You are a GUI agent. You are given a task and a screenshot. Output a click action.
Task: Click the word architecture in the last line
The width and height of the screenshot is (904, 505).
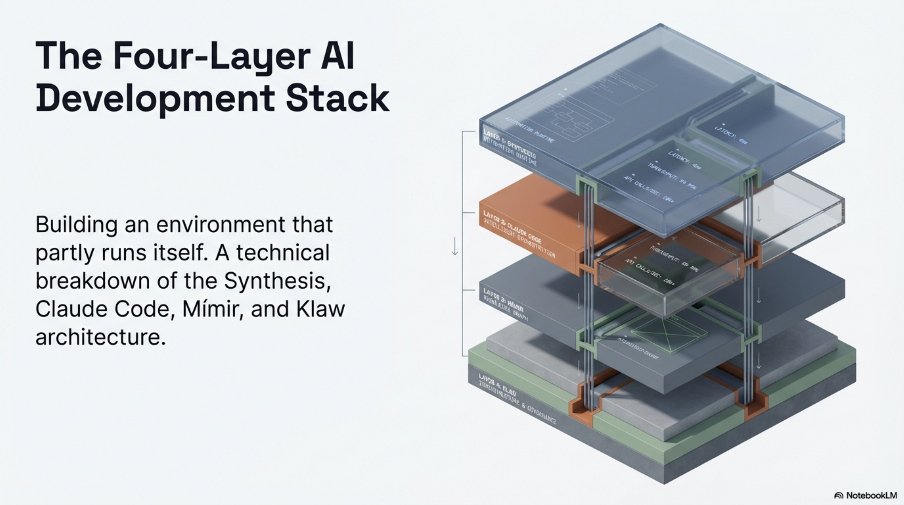pyautogui.click(x=100, y=337)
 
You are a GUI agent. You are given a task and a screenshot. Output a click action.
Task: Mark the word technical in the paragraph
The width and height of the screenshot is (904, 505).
pyautogui.click(x=283, y=253)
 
